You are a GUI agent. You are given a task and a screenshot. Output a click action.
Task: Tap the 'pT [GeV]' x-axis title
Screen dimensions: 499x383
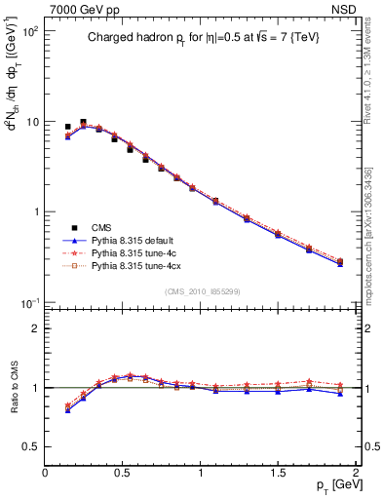[331, 484]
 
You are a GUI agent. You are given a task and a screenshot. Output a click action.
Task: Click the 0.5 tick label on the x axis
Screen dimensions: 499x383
[123, 470]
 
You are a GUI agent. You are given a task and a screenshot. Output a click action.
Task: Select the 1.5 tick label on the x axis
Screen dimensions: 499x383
[278, 470]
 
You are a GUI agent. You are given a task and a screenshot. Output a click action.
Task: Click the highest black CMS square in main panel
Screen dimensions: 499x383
[83, 123]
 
